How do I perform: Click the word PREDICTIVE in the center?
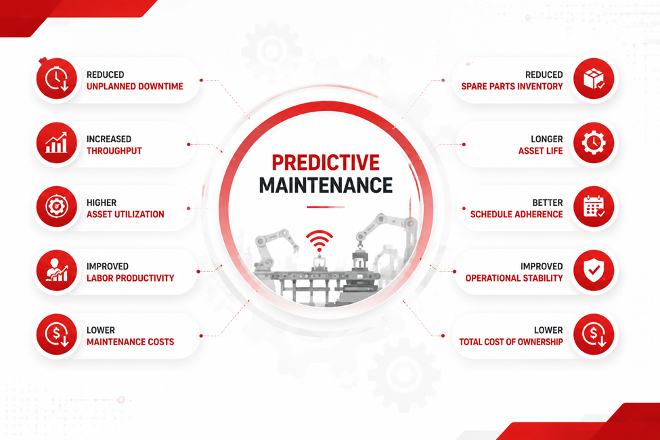point(326,162)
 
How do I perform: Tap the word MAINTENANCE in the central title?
point(326,185)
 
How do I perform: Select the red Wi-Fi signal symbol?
point(319,241)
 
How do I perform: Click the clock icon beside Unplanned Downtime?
point(56,79)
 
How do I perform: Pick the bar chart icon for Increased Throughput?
point(56,143)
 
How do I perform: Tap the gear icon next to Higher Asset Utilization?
point(56,206)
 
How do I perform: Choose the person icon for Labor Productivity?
point(56,271)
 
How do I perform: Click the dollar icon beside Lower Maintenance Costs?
point(56,334)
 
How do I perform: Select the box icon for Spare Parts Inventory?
point(594,79)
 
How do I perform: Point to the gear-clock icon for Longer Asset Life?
point(594,143)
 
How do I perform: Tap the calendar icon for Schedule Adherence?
point(594,206)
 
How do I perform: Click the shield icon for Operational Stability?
point(594,271)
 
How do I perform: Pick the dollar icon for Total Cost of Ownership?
point(594,334)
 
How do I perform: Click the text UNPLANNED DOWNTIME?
point(135,87)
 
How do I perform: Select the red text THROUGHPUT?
point(114,151)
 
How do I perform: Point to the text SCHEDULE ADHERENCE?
point(516,215)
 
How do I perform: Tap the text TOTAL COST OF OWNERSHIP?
point(511,342)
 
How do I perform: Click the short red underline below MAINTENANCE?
point(326,207)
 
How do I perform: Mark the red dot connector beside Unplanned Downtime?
point(201,80)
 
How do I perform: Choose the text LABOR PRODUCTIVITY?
point(130,278)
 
